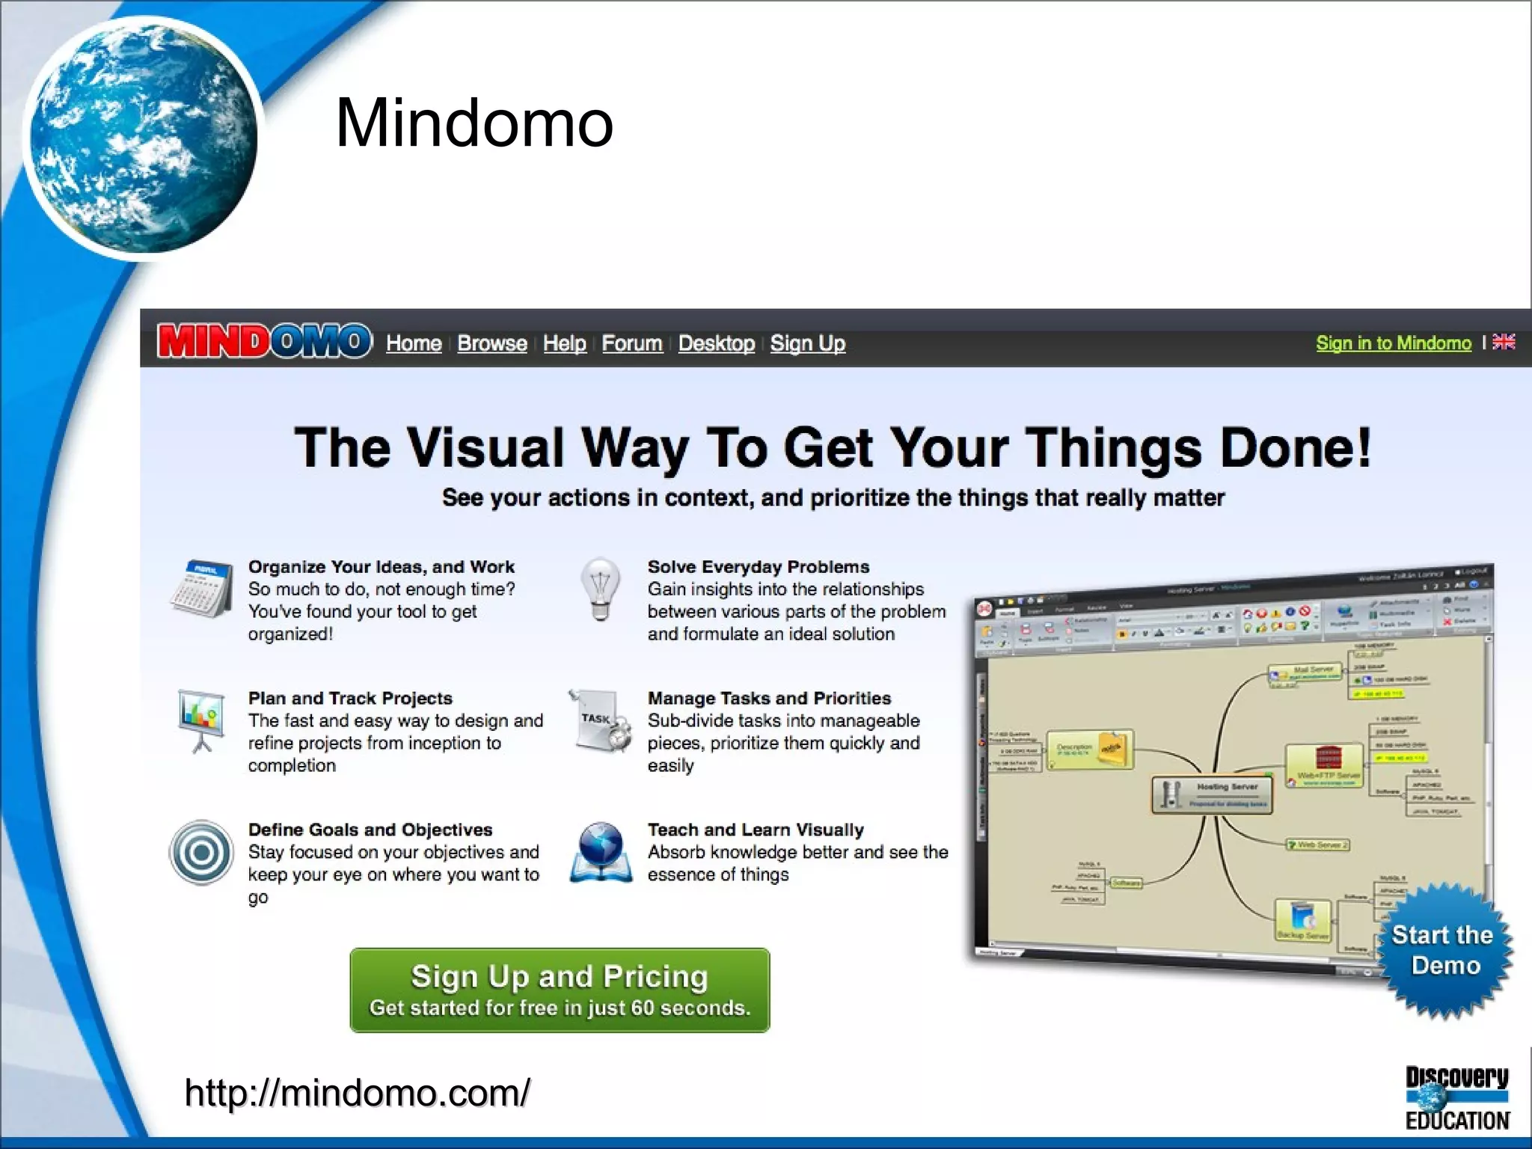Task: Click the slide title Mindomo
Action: tap(474, 123)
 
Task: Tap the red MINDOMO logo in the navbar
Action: tap(264, 342)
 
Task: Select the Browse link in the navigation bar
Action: tap(491, 343)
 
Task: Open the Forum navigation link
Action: tap(631, 343)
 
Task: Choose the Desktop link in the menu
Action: tap(716, 343)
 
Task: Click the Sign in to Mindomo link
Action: tap(1393, 343)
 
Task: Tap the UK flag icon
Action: tap(1504, 342)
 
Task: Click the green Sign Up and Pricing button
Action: tap(560, 990)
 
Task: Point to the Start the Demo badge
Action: tap(1444, 950)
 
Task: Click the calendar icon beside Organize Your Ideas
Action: tap(200, 588)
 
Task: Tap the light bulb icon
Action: tap(600, 588)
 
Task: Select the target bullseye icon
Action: tap(201, 853)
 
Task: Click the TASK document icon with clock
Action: tap(601, 720)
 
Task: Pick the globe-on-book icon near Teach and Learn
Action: tap(601, 853)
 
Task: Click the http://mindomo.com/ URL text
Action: tap(358, 1093)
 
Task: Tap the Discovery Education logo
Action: tap(1456, 1097)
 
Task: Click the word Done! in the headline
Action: tap(1296, 447)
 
